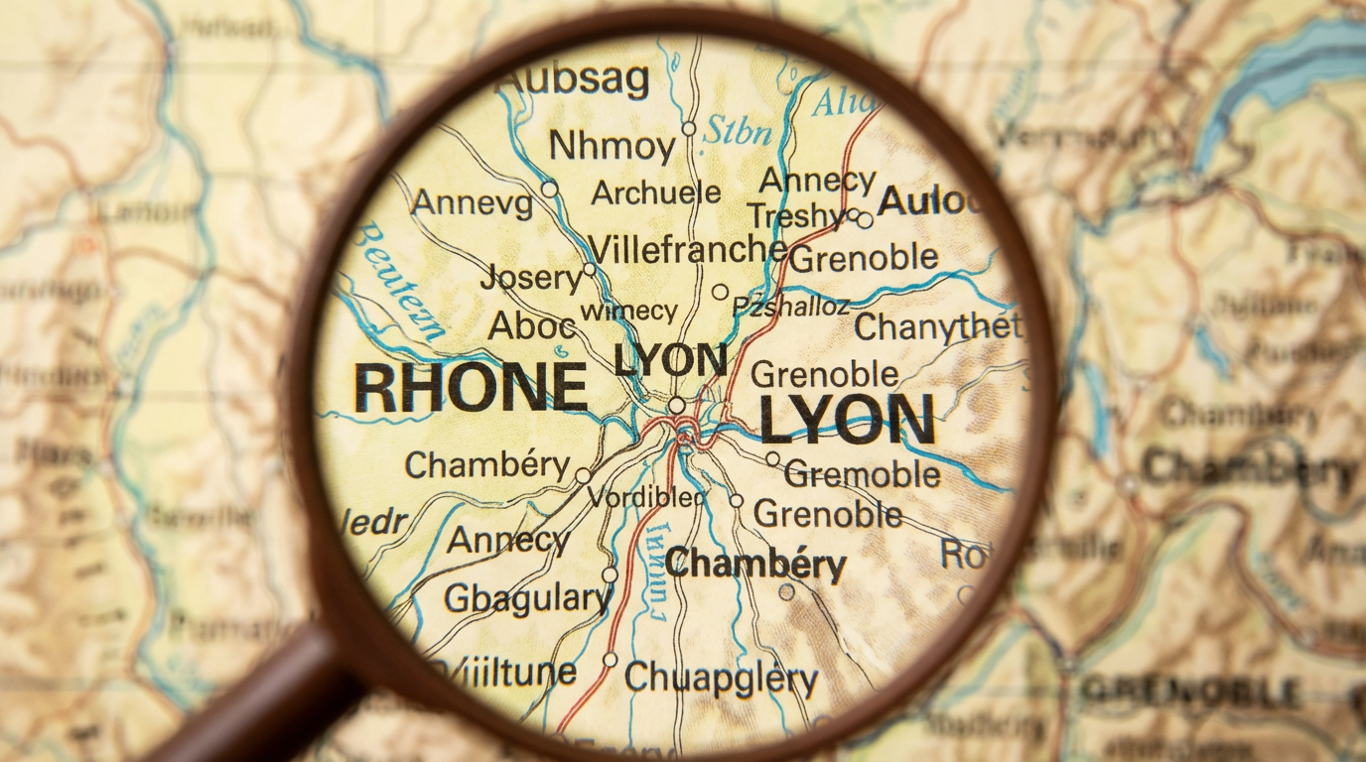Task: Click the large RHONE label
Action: [471, 388]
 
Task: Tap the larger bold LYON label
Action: [847, 420]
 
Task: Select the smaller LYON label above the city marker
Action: [670, 360]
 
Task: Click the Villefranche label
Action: [702, 248]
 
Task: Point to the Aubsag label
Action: [573, 79]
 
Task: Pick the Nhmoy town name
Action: [612, 146]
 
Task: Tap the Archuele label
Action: [656, 192]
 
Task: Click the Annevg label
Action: [472, 203]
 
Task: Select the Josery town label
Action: [531, 278]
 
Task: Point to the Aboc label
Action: [532, 325]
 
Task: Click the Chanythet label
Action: [937, 326]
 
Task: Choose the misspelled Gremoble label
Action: [863, 474]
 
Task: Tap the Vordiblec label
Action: [646, 497]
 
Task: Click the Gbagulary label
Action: [527, 598]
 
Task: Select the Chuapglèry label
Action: [722, 679]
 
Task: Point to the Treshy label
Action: [796, 215]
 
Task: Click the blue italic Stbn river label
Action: [737, 132]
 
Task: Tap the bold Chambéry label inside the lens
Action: [755, 564]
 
